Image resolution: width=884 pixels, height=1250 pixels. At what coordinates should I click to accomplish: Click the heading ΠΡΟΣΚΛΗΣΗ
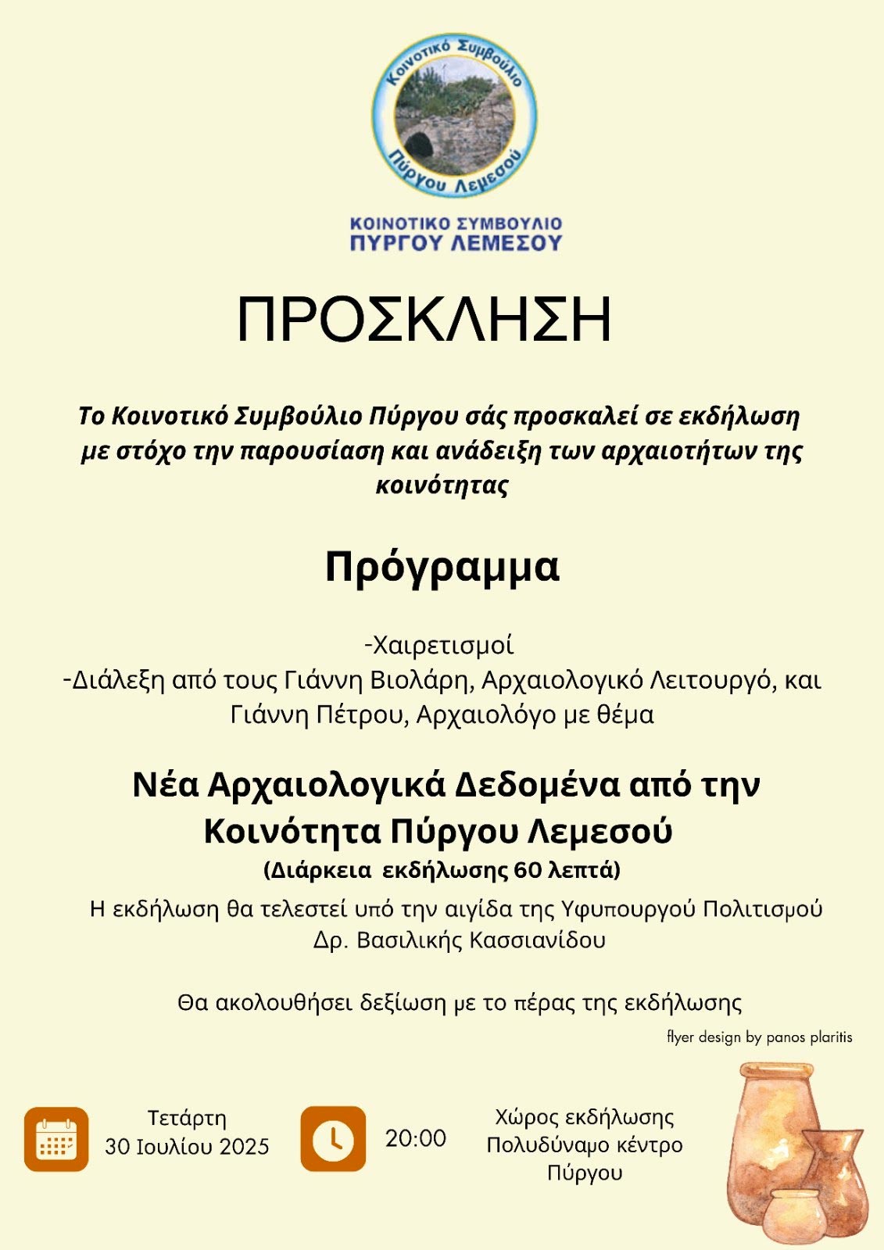(424, 320)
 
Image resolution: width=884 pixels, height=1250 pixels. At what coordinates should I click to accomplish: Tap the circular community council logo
(454, 114)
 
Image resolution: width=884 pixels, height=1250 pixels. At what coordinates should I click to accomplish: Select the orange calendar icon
(56, 1139)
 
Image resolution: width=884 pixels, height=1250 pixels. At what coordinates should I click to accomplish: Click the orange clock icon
(333, 1138)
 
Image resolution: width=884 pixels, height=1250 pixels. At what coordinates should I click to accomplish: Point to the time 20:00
(415, 1138)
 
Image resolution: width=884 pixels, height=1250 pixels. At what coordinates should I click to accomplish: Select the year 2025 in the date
(244, 1147)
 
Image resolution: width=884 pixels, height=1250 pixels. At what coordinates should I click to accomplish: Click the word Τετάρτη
(188, 1118)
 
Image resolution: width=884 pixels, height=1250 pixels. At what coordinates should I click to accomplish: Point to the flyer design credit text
(759, 1037)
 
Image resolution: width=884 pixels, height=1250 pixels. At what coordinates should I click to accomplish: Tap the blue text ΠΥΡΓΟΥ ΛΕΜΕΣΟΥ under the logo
(456, 243)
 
